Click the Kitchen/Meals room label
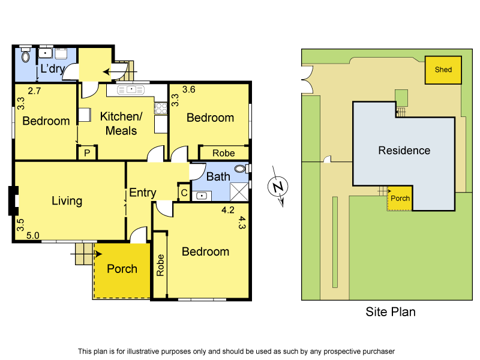tap(118, 124)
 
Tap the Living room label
tap(67, 200)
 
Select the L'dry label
tap(52, 69)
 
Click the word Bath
tap(218, 176)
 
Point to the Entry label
tap(143, 193)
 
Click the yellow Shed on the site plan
tap(443, 70)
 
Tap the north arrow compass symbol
tap(277, 188)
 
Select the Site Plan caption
tap(391, 312)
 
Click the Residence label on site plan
tap(404, 151)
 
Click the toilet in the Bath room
tap(241, 169)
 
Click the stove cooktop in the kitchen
tap(160, 108)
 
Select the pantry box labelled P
tap(87, 153)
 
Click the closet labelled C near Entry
tap(184, 193)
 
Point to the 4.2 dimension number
tap(227, 211)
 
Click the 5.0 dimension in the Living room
tap(32, 236)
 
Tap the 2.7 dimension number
tap(34, 91)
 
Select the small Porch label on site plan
tap(400, 198)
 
